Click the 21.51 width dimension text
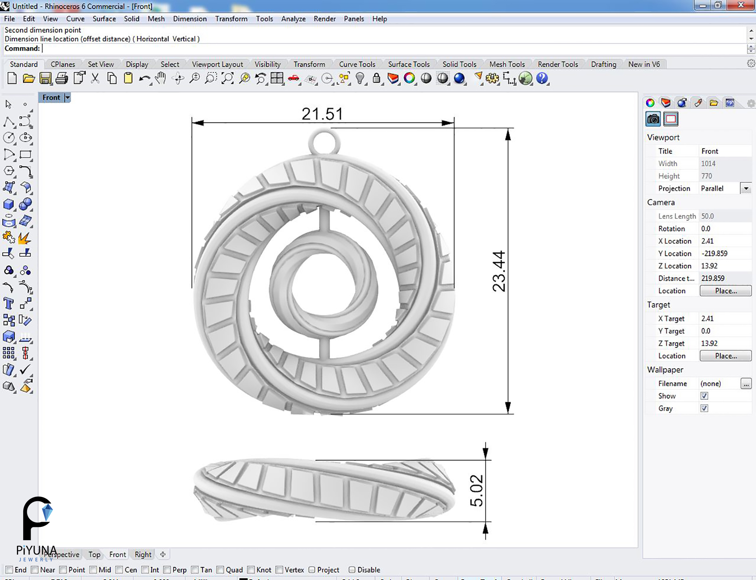coord(322,114)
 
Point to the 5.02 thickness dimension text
coord(476,490)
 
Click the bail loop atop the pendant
coord(324,142)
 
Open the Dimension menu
coord(189,19)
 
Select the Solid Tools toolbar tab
coord(459,64)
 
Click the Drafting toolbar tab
coord(603,64)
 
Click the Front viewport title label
coord(51,98)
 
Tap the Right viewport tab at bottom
coord(143,554)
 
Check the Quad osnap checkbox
coord(220,570)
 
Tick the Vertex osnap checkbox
coord(280,570)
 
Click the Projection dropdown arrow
coord(746,189)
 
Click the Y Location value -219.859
coord(714,254)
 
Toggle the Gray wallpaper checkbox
coord(704,408)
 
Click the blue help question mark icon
coord(542,78)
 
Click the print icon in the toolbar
coord(61,78)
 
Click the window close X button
coord(740,5)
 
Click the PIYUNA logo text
coord(36,550)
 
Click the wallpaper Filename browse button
coord(746,384)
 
